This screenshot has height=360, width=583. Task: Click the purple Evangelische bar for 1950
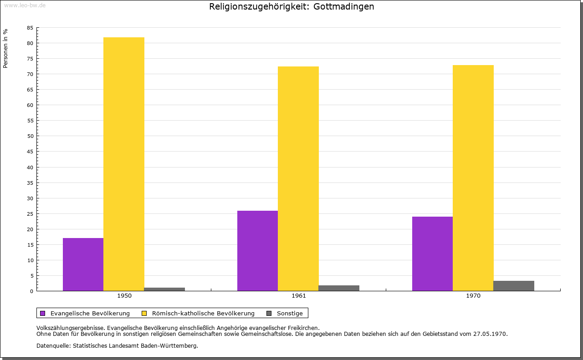tap(83, 264)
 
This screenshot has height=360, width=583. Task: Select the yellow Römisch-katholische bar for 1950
tap(124, 164)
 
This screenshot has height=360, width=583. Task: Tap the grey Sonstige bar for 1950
tap(164, 289)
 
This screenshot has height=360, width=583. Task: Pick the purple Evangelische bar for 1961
tap(257, 251)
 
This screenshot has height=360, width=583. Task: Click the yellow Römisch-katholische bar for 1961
tap(298, 178)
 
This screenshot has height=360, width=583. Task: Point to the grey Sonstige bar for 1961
tap(339, 288)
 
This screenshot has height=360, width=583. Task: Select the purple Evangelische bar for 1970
tap(432, 254)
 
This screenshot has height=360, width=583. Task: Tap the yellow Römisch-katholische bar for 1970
tap(473, 178)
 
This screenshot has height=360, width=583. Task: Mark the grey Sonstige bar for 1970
tap(514, 286)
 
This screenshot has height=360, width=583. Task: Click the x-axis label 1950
tap(124, 296)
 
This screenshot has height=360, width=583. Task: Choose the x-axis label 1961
tap(299, 296)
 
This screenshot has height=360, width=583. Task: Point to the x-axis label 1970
tap(473, 296)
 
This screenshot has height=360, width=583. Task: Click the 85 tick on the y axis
tap(30, 28)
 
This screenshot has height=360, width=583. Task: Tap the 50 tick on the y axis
tap(30, 136)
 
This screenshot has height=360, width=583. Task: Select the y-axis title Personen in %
tap(5, 48)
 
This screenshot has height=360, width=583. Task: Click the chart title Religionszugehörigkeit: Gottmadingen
tap(291, 6)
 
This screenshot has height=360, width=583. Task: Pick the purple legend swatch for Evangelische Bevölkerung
tap(43, 313)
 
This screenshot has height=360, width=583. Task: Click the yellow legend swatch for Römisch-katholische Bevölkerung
tap(144, 313)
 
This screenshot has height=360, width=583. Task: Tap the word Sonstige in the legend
tap(290, 313)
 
